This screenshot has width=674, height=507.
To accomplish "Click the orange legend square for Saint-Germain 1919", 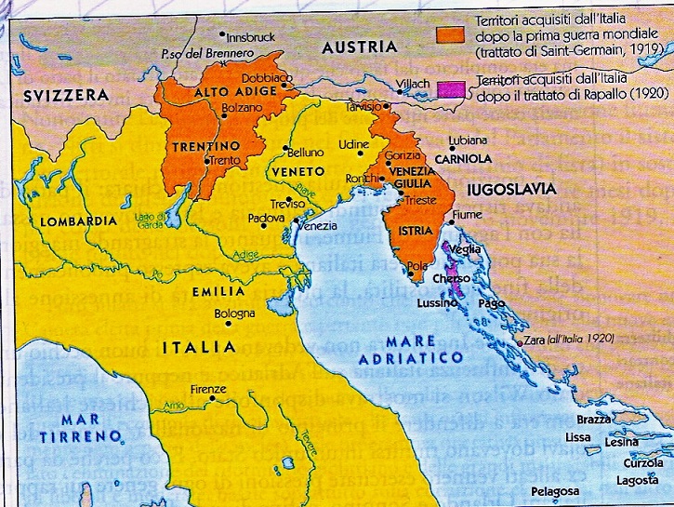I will click(450, 33).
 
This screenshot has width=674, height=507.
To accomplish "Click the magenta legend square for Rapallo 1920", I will click(450, 89).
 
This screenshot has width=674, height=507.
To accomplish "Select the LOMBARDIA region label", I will click(79, 220).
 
